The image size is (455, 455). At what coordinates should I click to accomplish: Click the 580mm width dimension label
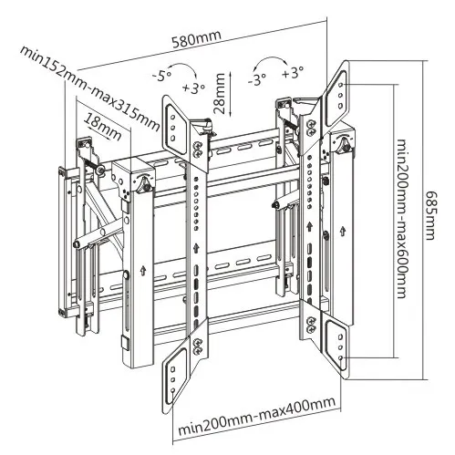[x=196, y=39]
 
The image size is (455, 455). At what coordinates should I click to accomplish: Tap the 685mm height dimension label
[x=431, y=215]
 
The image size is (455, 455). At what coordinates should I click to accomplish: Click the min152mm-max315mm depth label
[x=90, y=88]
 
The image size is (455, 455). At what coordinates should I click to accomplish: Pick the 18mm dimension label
[x=103, y=127]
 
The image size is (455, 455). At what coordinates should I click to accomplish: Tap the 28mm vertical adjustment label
[x=220, y=93]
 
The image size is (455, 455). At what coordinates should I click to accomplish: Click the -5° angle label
[x=162, y=76]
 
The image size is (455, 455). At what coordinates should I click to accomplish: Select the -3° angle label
[x=257, y=80]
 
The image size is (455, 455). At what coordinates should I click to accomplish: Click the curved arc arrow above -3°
[x=272, y=57]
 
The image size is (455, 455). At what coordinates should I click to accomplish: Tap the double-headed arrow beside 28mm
[x=231, y=94]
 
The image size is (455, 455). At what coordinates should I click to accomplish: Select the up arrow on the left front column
[x=142, y=271]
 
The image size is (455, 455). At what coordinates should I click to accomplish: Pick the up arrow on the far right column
[x=343, y=231]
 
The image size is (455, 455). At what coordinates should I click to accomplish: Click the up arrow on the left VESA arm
[x=196, y=248]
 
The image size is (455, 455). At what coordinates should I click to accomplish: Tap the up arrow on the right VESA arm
[x=309, y=227]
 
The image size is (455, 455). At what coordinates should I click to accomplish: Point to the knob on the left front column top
[x=143, y=185]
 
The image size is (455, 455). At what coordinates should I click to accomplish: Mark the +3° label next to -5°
[x=193, y=88]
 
